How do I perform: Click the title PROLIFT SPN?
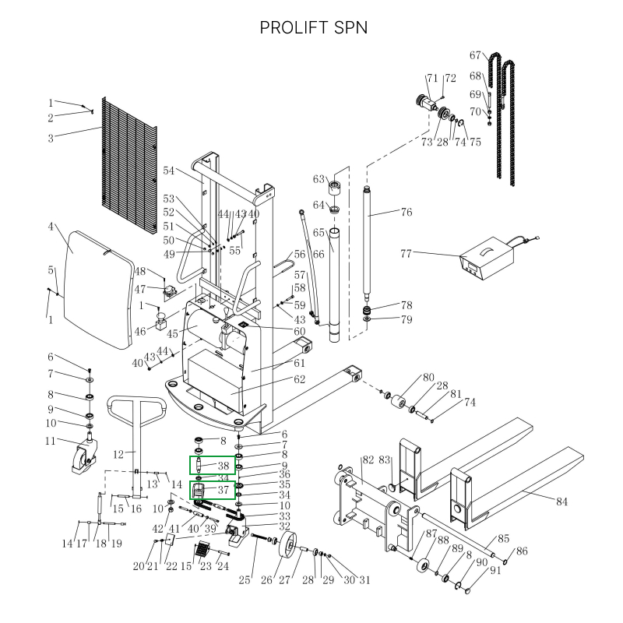311,27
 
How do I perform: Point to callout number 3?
51,139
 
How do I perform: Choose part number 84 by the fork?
561,502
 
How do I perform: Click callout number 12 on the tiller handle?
119,454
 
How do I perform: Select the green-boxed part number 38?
223,466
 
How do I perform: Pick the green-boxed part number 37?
223,491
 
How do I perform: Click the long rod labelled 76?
368,249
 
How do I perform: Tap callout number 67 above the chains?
476,55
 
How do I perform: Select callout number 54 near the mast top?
169,171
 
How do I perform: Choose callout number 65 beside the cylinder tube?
318,232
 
